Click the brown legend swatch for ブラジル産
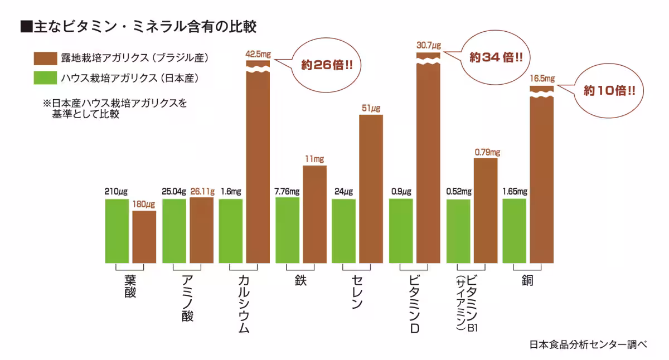click(45, 58)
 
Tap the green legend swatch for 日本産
click(45, 77)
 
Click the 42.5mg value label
click(258, 55)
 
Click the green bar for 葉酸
click(117, 231)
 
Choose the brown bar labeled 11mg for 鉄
click(314, 214)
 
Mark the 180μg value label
click(144, 205)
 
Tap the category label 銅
click(526, 280)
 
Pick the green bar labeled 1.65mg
click(514, 231)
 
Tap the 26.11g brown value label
click(202, 191)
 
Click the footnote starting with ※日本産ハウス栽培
click(115, 109)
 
